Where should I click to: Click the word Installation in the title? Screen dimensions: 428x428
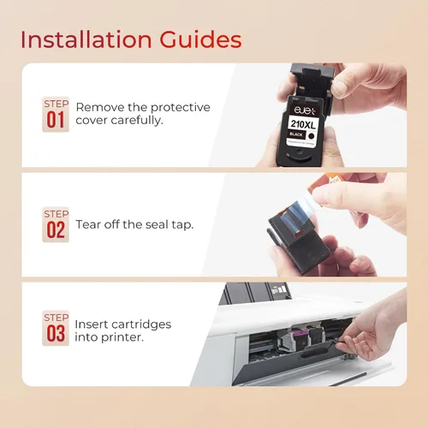click(x=86, y=39)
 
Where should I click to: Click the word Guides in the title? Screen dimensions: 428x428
click(x=200, y=39)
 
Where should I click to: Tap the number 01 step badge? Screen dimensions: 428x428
click(x=56, y=115)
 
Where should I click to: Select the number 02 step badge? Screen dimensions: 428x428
click(x=56, y=224)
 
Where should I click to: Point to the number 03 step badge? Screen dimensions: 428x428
click(x=56, y=328)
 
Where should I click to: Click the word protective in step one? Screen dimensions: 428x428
click(x=181, y=108)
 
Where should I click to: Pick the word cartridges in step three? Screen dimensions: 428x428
click(x=141, y=324)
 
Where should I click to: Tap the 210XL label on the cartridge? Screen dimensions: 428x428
click(x=303, y=124)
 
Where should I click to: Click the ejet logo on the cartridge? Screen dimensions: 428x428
click(x=305, y=110)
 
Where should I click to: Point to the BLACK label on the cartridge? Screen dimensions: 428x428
click(x=296, y=134)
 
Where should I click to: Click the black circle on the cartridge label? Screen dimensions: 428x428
click(x=312, y=136)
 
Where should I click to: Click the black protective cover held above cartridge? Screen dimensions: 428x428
click(x=312, y=83)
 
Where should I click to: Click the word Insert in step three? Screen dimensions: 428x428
click(x=91, y=324)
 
